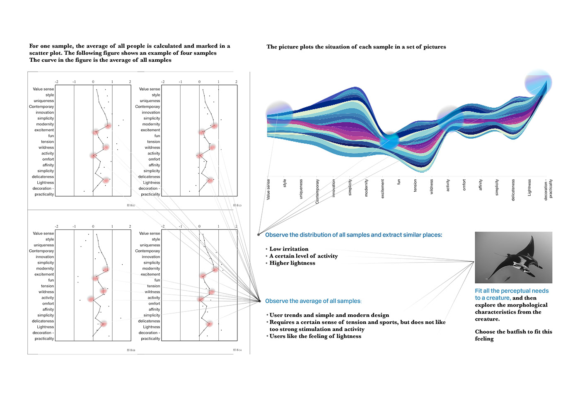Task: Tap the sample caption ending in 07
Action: (x=131, y=205)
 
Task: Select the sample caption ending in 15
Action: (x=237, y=205)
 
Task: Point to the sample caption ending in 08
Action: (x=131, y=350)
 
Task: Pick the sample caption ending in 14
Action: (x=237, y=350)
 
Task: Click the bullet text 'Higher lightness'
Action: (x=292, y=263)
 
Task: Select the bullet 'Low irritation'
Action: (x=289, y=249)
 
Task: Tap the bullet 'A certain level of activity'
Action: (x=303, y=256)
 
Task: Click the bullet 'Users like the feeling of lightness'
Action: (x=315, y=336)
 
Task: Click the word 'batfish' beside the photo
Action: (x=517, y=332)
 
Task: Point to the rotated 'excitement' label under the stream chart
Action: (x=382, y=188)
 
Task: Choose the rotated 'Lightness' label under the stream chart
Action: (x=529, y=187)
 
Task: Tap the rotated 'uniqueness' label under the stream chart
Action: (x=301, y=188)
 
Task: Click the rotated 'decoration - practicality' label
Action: (x=548, y=189)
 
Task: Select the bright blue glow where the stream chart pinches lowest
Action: (x=389, y=141)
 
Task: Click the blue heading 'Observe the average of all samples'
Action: (x=313, y=301)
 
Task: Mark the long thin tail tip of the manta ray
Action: (x=488, y=279)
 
